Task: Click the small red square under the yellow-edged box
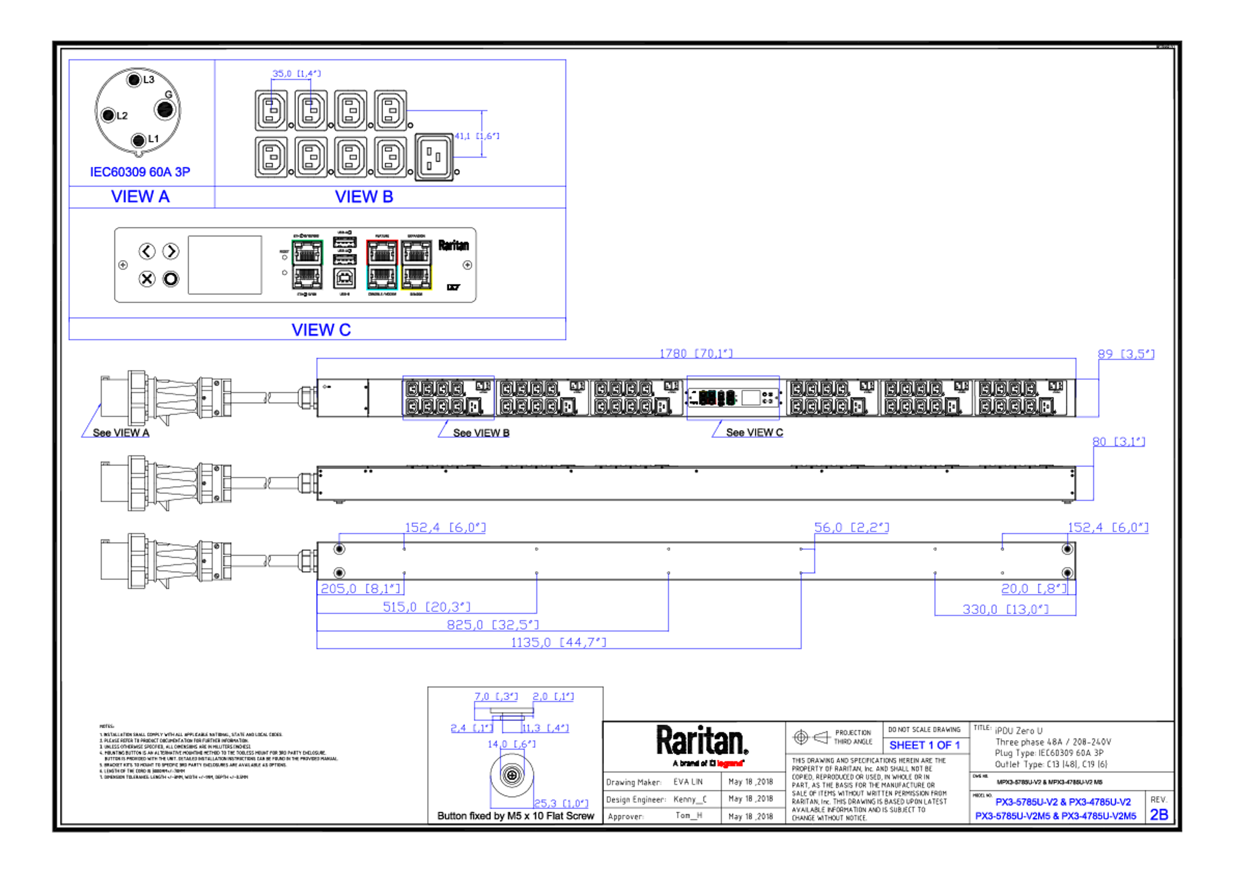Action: [x=405, y=297]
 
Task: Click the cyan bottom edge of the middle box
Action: [x=382, y=290]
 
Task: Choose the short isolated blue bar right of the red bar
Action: [x=929, y=746]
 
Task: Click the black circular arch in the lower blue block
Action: [x=508, y=769]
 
